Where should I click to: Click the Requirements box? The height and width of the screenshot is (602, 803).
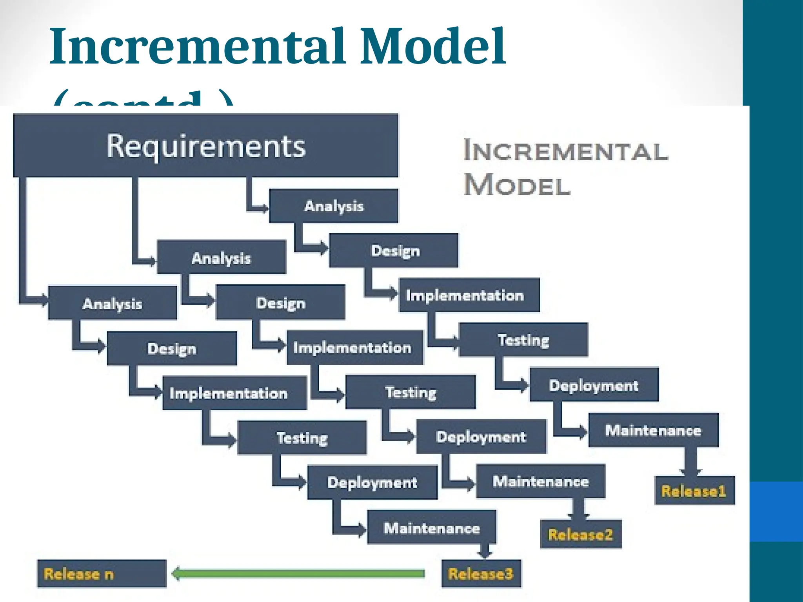pyautogui.click(x=205, y=145)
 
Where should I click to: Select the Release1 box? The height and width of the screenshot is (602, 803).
pyautogui.click(x=694, y=491)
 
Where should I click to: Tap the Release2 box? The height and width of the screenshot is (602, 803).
pyautogui.click(x=581, y=534)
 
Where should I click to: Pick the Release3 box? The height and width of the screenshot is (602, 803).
pyautogui.click(x=481, y=574)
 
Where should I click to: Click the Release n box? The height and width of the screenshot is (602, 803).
pyautogui.click(x=102, y=574)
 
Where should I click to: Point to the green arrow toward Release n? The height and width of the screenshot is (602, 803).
pyautogui.click(x=298, y=574)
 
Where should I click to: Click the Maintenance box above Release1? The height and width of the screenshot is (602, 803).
pyautogui.click(x=653, y=430)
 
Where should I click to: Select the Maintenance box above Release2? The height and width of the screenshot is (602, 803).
pyautogui.click(x=541, y=481)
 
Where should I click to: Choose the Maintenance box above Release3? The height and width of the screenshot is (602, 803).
pyautogui.click(x=432, y=528)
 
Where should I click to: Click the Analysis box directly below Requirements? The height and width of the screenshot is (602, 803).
pyautogui.click(x=334, y=206)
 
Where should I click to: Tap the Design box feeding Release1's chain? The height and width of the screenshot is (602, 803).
pyautogui.click(x=394, y=250)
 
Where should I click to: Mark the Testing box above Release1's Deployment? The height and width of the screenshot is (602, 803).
pyautogui.click(x=523, y=340)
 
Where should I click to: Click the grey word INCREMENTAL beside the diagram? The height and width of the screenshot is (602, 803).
pyautogui.click(x=566, y=151)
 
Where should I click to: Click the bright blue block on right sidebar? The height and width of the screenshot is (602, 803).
pyautogui.click(x=776, y=511)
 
